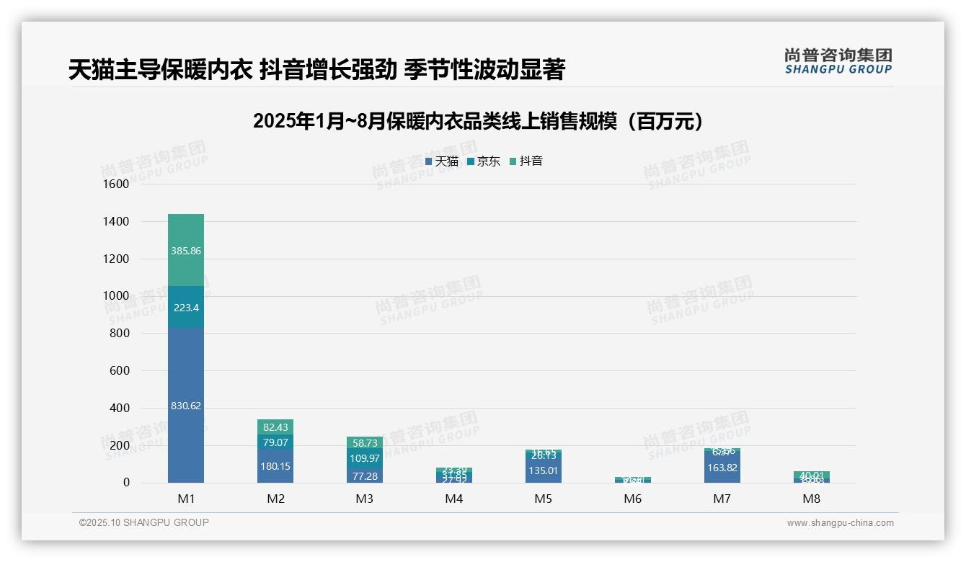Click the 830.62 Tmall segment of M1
(186, 406)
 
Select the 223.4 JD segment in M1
(186, 308)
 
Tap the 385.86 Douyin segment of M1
(186, 251)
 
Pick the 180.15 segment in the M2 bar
(275, 466)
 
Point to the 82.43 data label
(275, 427)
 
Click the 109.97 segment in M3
(365, 458)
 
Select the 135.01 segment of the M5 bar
(544, 471)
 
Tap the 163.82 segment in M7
(722, 467)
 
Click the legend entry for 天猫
(442, 161)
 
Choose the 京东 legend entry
(484, 161)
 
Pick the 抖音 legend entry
(526, 161)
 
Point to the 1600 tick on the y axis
(115, 184)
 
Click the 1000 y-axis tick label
(115, 296)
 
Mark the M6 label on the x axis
(633, 499)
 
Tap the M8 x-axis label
(812, 499)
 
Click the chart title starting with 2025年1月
(478, 122)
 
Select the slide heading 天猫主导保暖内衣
(316, 70)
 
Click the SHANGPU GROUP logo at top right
(838, 61)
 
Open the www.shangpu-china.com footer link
(840, 523)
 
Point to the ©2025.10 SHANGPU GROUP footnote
(144, 522)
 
